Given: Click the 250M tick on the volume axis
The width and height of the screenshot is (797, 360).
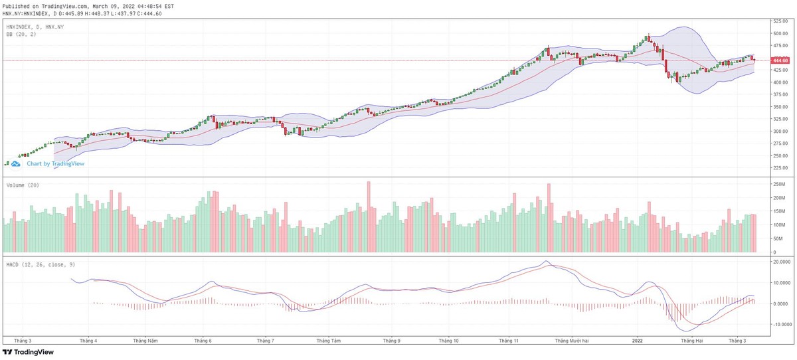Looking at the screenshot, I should click(x=778, y=184).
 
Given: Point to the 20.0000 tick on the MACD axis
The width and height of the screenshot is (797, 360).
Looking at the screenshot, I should click(x=780, y=262).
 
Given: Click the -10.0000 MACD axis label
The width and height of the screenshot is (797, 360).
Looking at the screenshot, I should click(x=780, y=325).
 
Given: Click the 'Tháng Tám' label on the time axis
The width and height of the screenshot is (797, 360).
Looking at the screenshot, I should click(x=329, y=341).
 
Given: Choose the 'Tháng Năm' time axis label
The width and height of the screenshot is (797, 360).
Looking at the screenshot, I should click(x=145, y=341).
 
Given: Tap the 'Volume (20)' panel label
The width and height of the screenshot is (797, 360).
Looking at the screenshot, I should click(x=23, y=185).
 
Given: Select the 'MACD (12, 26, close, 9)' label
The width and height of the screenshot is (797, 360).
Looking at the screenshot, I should click(x=40, y=264).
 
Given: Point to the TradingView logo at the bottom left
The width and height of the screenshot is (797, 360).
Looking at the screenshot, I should click(x=28, y=353).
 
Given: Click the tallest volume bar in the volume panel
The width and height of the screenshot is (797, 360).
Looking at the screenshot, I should click(x=369, y=217).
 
